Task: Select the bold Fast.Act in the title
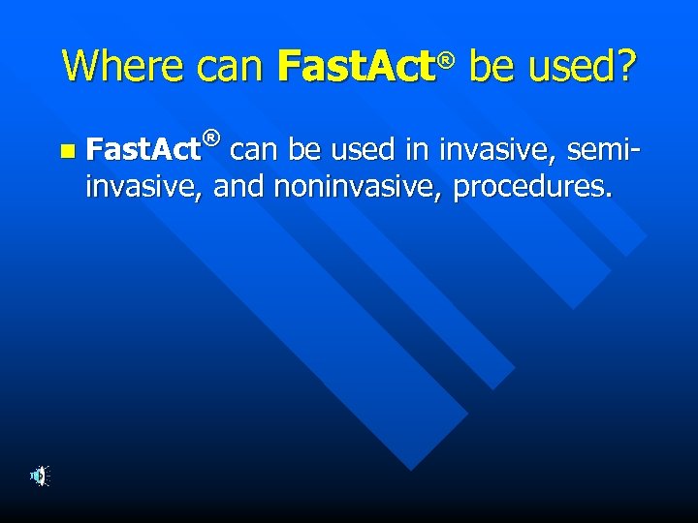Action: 354,66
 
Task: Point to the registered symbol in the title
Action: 445,60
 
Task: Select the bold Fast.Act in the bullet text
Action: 143,149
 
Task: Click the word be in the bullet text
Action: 301,149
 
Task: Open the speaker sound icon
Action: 39,476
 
